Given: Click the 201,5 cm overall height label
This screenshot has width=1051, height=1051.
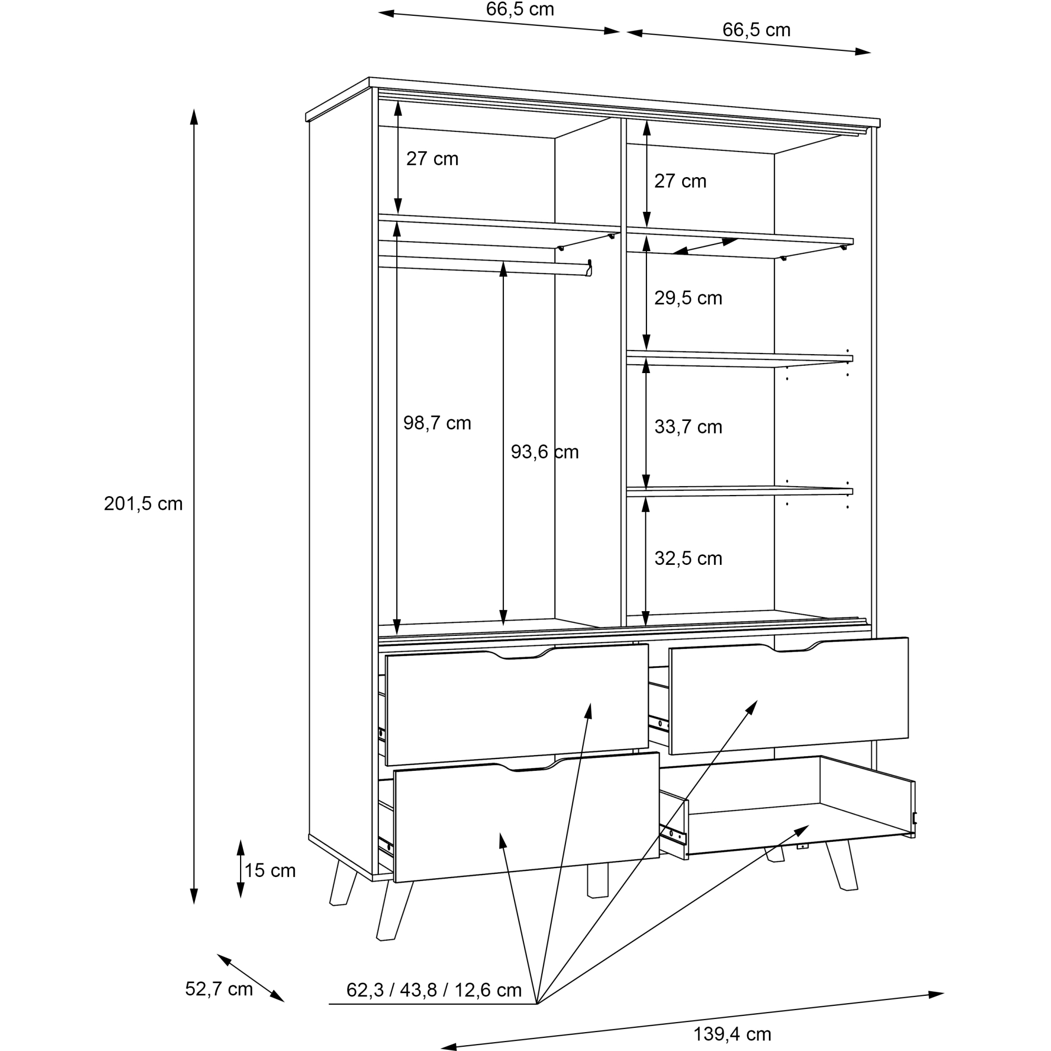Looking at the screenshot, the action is (143, 504).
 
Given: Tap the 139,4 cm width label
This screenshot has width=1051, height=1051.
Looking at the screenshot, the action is (732, 1034).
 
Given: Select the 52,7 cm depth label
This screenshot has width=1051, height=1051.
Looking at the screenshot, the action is (219, 988).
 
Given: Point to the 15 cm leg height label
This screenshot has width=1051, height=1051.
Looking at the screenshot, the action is (270, 870).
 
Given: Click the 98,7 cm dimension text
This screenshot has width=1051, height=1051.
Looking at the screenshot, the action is (437, 423).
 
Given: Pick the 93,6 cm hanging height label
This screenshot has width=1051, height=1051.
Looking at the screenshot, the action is (544, 451).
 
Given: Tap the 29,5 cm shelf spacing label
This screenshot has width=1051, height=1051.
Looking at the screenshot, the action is (688, 297).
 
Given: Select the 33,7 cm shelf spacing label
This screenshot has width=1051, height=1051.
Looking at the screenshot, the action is (688, 427).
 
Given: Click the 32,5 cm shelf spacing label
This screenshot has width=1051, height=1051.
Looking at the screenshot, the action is (688, 558).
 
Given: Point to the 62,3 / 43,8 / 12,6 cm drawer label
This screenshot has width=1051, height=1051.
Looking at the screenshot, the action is (434, 990).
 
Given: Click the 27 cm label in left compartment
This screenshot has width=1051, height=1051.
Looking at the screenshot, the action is (432, 158).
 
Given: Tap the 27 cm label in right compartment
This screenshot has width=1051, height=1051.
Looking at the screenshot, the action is (680, 181).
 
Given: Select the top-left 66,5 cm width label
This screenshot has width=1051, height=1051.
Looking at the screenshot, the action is (520, 9).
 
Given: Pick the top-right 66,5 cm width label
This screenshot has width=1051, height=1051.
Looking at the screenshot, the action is (756, 29).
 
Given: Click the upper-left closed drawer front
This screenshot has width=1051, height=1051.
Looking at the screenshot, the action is (517, 705).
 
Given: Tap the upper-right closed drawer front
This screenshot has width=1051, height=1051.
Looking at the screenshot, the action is (789, 696).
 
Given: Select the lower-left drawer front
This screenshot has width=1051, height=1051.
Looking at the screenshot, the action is (527, 817).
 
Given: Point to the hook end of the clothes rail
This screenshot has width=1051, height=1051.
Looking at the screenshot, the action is (589, 268).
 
